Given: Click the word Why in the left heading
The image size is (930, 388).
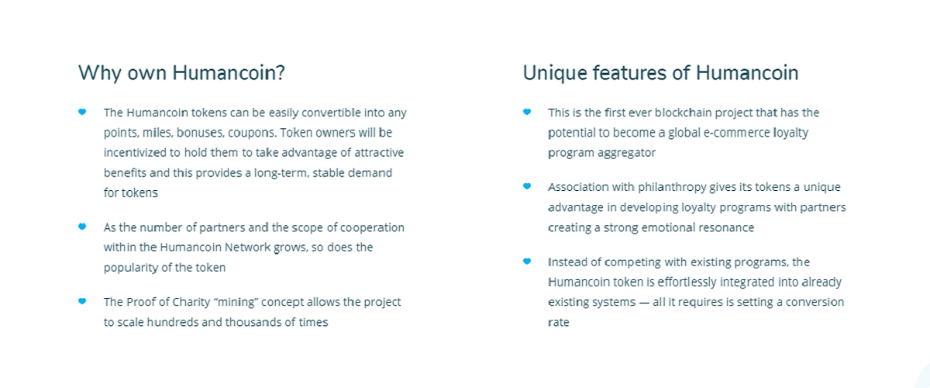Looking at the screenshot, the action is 100,73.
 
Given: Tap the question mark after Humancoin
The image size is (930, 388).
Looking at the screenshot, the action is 281,73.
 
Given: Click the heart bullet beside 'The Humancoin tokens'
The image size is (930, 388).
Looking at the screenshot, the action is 82,112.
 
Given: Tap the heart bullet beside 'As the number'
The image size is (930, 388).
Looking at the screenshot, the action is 82,227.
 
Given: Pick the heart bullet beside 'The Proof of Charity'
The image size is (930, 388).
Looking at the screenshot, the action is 82,301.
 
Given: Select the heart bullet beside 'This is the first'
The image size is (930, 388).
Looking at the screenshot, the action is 527,112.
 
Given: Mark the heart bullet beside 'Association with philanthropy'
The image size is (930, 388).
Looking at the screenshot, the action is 527,186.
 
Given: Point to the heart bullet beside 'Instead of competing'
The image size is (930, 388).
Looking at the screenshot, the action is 527,262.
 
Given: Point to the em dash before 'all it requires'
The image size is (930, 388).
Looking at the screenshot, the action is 644,303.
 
